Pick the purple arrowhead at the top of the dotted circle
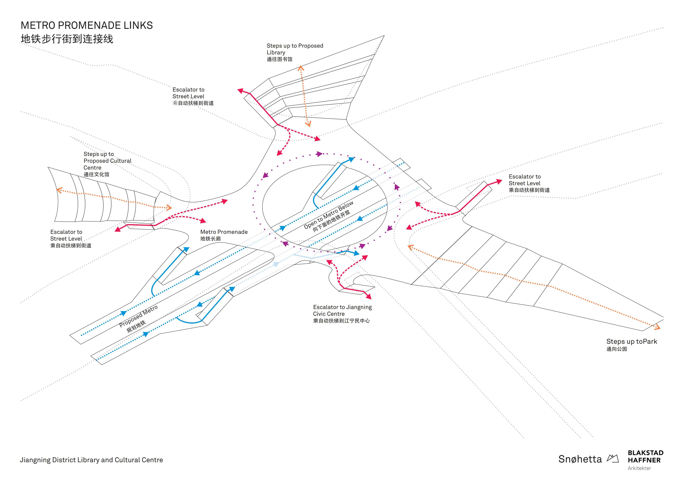pos(319,154)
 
